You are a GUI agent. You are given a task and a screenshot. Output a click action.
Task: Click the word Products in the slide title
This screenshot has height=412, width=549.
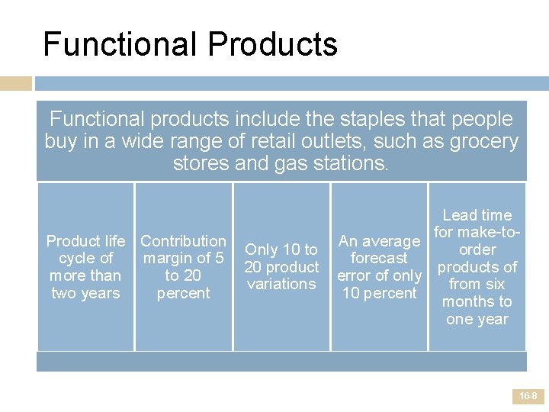(x=271, y=43)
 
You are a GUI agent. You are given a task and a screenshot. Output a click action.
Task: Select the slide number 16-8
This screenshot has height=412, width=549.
(x=528, y=397)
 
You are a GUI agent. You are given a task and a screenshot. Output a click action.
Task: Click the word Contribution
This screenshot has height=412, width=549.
(x=183, y=241)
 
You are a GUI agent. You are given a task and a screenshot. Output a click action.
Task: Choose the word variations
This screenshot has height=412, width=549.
(x=281, y=284)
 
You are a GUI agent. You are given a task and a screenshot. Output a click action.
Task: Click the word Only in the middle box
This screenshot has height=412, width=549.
(x=262, y=249)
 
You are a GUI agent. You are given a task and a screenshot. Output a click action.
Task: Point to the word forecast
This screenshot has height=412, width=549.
(x=379, y=258)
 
